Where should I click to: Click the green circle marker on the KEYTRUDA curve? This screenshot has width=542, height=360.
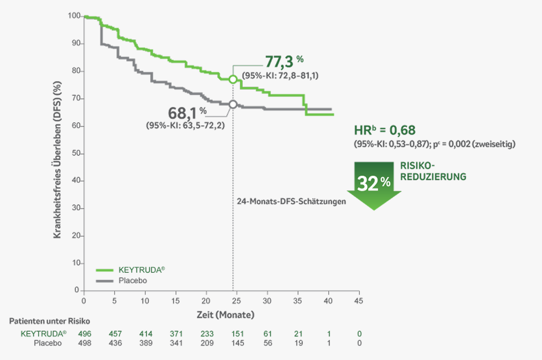[x=233, y=79]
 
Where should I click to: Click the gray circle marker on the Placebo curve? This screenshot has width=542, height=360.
[x=233, y=104]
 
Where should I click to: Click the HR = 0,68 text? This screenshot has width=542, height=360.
[x=385, y=130]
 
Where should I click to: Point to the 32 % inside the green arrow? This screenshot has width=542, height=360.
[x=373, y=183]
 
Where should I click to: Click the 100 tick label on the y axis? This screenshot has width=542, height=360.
[x=73, y=16]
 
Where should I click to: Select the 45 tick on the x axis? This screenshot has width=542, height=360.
[x=359, y=301]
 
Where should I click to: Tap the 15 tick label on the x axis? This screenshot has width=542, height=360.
[x=176, y=301]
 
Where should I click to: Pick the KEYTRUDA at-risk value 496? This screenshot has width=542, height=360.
[x=84, y=334]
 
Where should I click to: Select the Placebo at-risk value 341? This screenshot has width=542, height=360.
[x=176, y=343]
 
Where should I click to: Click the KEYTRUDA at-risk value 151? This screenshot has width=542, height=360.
[x=237, y=334]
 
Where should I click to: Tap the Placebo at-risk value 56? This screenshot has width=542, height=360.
[x=268, y=343]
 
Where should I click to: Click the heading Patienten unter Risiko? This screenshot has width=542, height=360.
[x=50, y=321]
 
